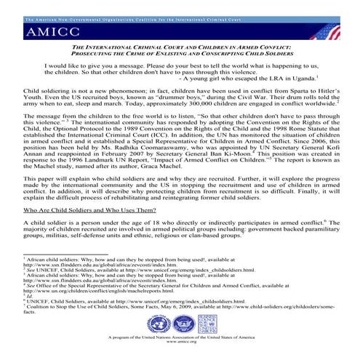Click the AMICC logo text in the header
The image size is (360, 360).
pyautogui.click(x=55, y=32)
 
